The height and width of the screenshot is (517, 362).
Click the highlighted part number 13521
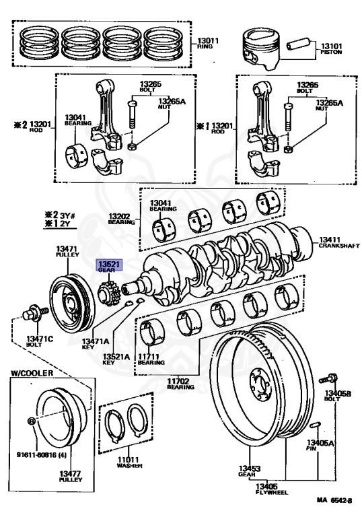pyautogui.click(x=109, y=264)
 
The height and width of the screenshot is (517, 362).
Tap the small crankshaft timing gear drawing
pyautogui.click(x=108, y=294)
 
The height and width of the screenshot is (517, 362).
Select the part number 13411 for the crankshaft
pyautogui.click(x=329, y=240)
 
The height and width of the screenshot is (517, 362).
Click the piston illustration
pyautogui.click(x=261, y=48)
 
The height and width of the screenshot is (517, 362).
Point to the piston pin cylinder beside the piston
pyautogui.click(x=298, y=44)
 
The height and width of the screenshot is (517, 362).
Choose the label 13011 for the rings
pyautogui.click(x=208, y=41)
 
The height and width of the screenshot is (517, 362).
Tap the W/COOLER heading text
pyautogui.click(x=32, y=373)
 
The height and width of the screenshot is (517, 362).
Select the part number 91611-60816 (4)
pyautogui.click(x=42, y=455)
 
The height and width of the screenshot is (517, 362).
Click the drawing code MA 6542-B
pyautogui.click(x=334, y=500)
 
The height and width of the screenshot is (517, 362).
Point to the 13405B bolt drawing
pyautogui.click(x=328, y=378)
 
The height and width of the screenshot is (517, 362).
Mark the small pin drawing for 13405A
pyautogui.click(x=316, y=424)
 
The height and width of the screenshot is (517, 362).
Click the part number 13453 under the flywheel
pyautogui.click(x=250, y=469)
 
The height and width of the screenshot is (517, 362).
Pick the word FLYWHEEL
pyautogui.click(x=272, y=492)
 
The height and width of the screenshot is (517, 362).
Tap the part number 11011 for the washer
pyautogui.click(x=129, y=459)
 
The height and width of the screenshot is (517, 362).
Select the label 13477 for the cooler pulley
pyautogui.click(x=70, y=473)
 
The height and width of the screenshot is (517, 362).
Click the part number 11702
pyautogui.click(x=178, y=381)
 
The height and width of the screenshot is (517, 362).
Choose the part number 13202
pyautogui.click(x=119, y=216)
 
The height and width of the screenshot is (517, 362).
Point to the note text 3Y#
pyautogui.click(x=67, y=215)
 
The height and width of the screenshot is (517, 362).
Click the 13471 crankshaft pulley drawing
pyautogui.click(x=72, y=304)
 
